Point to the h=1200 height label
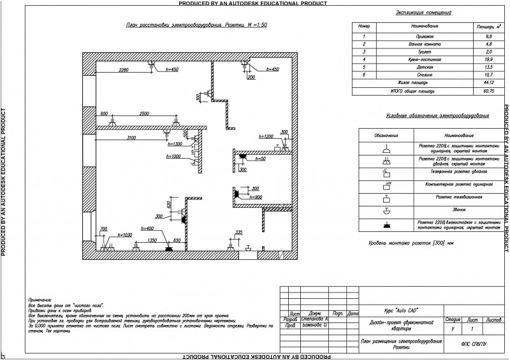[266, 137]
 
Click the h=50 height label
[259, 159]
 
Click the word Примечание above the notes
[40, 299]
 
